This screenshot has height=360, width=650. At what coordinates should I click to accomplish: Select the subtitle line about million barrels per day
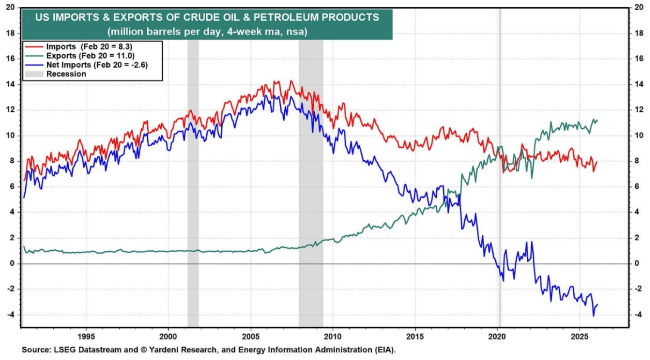(x=207, y=32)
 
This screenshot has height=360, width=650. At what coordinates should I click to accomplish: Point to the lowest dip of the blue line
(x=594, y=315)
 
